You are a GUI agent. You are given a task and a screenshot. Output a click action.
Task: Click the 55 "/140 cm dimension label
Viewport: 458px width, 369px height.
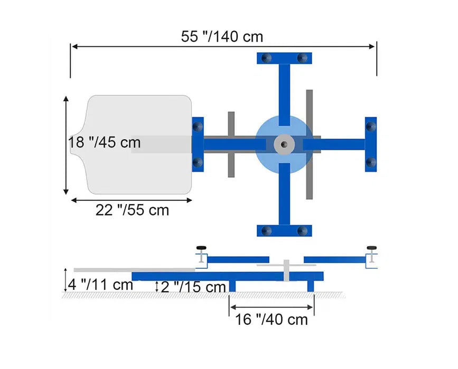[222, 37]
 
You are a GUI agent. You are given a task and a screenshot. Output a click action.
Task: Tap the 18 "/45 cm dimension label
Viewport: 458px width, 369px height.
[104, 142]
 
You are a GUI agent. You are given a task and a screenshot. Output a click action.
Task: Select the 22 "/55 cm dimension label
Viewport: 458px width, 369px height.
[132, 210]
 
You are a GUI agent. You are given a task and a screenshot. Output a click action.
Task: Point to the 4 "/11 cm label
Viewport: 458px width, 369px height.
[100, 285]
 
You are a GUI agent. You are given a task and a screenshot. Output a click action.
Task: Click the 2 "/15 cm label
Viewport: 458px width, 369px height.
[193, 287]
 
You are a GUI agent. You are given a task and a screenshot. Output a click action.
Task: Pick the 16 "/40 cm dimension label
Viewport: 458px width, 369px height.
[272, 319]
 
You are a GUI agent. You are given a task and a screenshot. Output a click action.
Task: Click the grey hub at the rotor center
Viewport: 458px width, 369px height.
[284, 144]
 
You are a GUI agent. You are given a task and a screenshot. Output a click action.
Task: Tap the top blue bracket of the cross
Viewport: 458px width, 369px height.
[284, 58]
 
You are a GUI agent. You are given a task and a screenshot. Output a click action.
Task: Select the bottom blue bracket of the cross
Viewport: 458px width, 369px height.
[284, 230]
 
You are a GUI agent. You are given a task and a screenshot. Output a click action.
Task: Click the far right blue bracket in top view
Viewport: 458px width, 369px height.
[371, 144]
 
